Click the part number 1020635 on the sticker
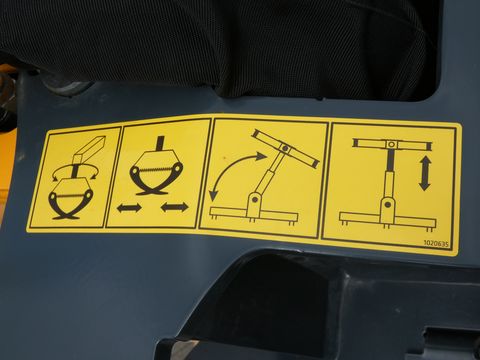pos(436,243)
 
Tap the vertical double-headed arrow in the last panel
pos(424,173)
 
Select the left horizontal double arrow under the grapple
pos(129,208)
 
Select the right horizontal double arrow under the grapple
pos(174,207)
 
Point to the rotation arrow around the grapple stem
pos(74,173)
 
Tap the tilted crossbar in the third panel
pos(285,148)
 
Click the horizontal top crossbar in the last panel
pos(392,144)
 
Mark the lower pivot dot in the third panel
pos(255,199)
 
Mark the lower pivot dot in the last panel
pos(388,204)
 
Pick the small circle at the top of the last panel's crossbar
pos(392,145)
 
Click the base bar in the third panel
pos(253,213)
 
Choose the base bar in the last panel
pos(388,219)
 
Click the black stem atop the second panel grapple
pos(162,143)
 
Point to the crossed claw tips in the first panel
pos(66,216)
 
